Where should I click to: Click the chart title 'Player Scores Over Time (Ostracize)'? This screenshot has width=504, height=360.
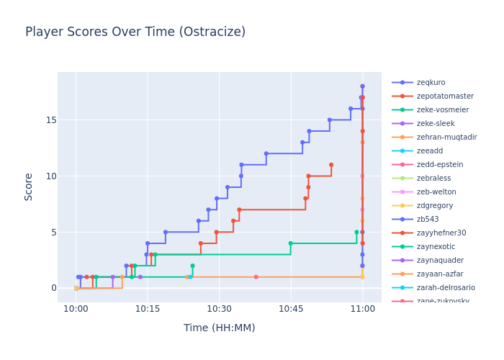(x=135, y=32)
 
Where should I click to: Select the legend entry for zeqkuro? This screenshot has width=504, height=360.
(x=431, y=83)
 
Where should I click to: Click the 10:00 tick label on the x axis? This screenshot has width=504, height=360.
(x=76, y=309)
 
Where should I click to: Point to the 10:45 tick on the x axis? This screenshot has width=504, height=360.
(x=291, y=309)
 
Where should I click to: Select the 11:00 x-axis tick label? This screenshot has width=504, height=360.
(x=362, y=309)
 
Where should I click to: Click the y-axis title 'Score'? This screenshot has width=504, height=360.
(x=29, y=186)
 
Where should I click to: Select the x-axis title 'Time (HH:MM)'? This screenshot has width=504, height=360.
(x=219, y=328)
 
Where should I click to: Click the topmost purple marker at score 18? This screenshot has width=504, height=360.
(x=362, y=86)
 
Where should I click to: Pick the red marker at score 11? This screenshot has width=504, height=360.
(x=331, y=165)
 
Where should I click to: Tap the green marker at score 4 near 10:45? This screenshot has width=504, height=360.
(x=291, y=243)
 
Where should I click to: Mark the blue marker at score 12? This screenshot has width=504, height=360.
(x=266, y=153)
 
